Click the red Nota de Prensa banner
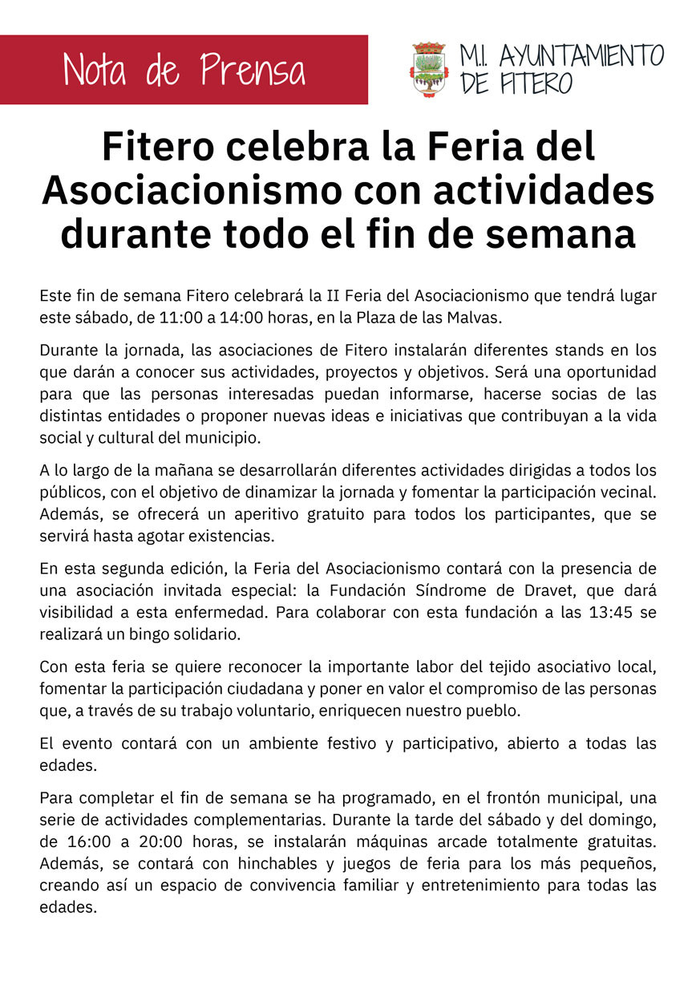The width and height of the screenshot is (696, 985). click(184, 70)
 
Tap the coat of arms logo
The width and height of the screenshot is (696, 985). click(430, 70)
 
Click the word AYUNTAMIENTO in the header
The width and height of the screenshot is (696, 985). click(581, 56)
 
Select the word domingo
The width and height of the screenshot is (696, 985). click(618, 821)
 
